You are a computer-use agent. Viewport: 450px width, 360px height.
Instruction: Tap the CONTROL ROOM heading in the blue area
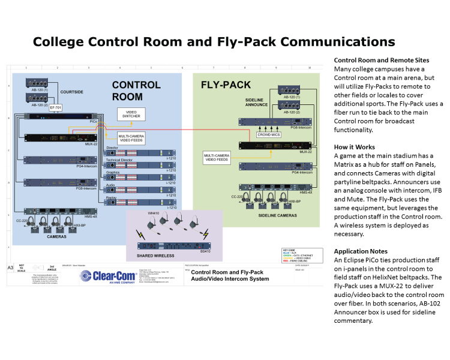[x=136, y=91]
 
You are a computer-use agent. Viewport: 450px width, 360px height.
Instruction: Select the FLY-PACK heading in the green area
[x=225, y=85]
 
